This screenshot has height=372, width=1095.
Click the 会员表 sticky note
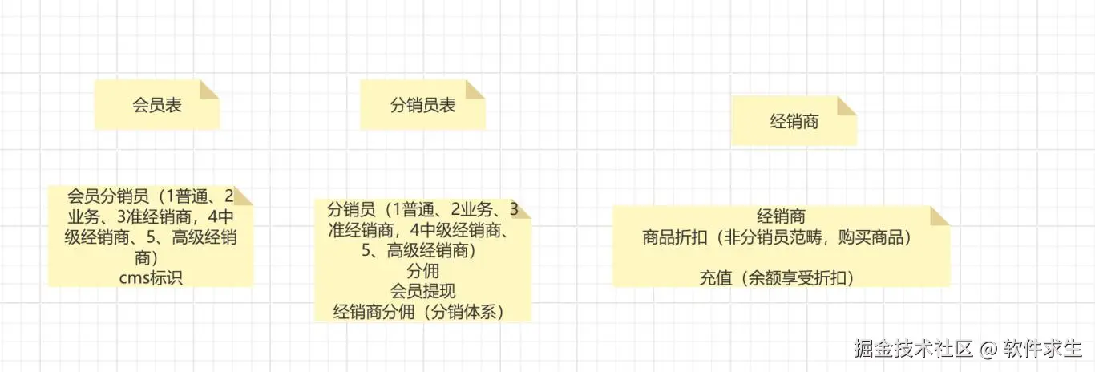click(156, 105)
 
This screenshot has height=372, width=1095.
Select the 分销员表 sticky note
click(422, 105)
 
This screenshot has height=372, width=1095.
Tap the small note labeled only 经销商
click(794, 121)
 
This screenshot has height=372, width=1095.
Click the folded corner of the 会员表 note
click(209, 89)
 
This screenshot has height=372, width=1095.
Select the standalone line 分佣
click(422, 270)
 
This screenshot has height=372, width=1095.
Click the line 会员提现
click(422, 290)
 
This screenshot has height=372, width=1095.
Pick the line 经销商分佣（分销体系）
click(422, 311)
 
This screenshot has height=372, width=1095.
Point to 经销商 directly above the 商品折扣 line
click(781, 216)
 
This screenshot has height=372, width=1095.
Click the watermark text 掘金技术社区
click(913, 349)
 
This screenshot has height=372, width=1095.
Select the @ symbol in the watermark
click(989, 350)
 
